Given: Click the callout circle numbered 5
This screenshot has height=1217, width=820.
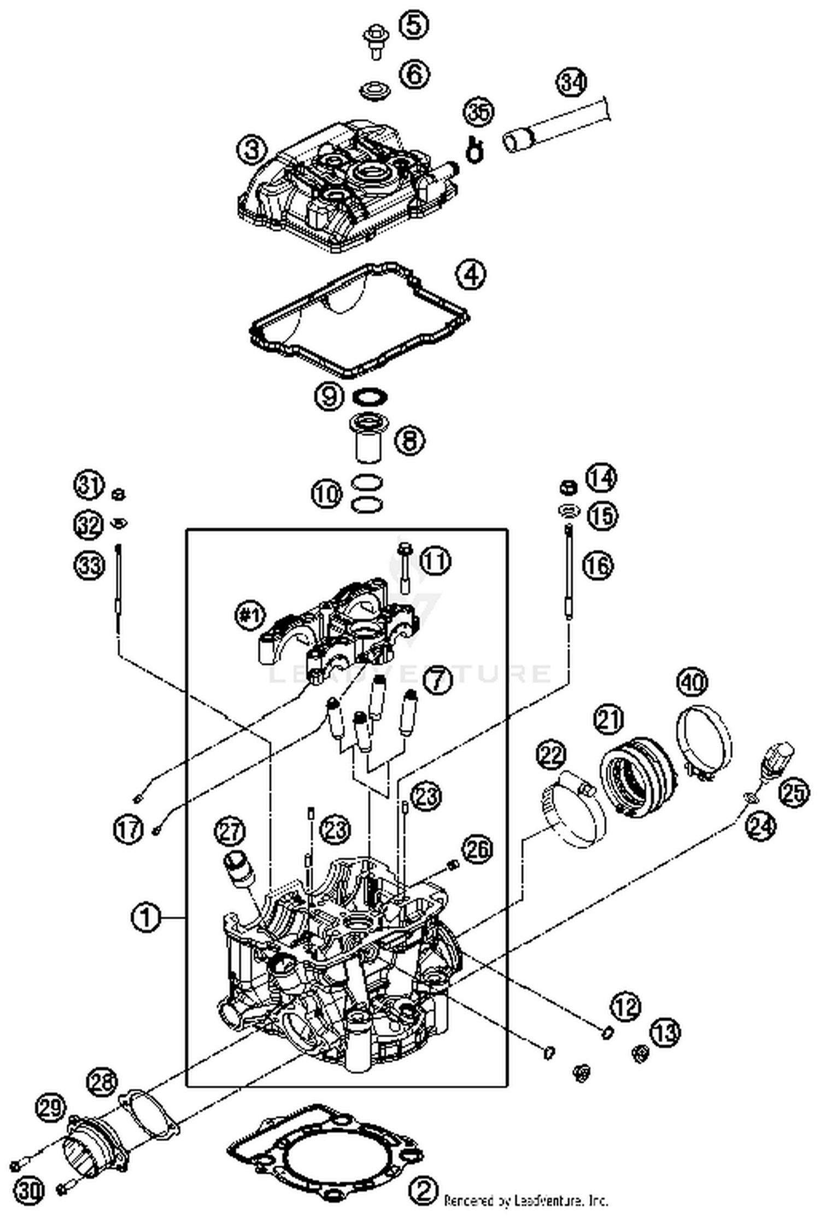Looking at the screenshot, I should click(414, 25).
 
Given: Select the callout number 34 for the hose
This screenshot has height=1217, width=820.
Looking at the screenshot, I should click(572, 82).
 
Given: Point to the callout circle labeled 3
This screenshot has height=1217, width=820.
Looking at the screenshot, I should click(252, 149).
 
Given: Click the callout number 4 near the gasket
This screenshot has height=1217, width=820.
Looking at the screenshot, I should click(471, 275).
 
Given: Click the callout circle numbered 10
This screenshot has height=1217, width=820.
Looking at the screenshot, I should click(327, 494).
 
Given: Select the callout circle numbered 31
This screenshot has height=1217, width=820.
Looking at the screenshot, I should click(89, 485).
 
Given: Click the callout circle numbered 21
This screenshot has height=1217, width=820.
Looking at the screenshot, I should click(608, 720).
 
